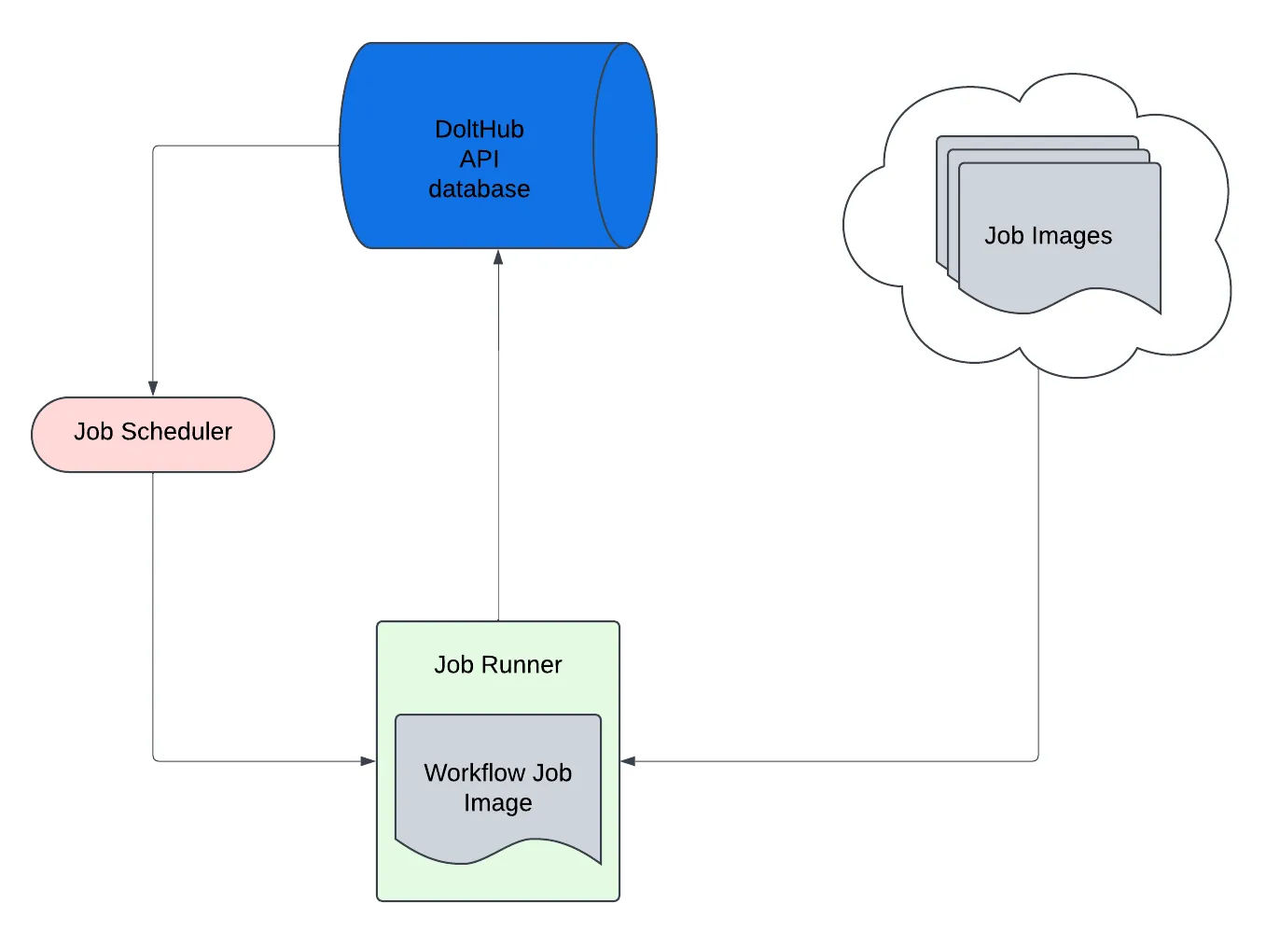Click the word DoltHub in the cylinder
tap(479, 129)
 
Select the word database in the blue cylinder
tap(479, 189)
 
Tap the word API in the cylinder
tap(479, 160)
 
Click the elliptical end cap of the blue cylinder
tap(624, 146)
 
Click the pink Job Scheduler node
tap(153, 435)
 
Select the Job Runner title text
tap(497, 664)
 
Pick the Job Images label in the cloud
tap(1048, 236)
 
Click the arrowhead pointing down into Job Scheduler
tap(153, 388)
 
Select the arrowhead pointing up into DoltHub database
tap(498, 257)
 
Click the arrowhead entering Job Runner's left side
tap(368, 761)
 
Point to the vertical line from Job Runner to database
tap(498, 466)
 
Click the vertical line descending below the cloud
tap(1038, 560)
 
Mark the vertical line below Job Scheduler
tap(153, 606)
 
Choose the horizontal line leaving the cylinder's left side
tap(243, 146)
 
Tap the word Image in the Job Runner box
tap(497, 803)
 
